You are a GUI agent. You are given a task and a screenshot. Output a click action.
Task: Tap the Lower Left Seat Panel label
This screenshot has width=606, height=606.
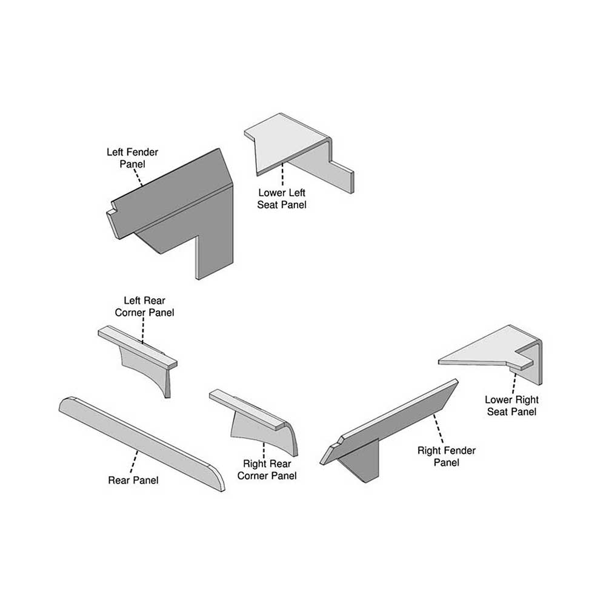(x=282, y=199)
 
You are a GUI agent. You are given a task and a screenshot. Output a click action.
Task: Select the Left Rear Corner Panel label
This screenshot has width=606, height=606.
(x=144, y=307)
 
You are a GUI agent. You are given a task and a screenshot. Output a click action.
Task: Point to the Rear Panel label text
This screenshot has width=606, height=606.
(x=133, y=481)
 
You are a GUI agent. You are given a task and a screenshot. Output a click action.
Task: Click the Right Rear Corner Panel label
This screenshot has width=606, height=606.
(x=267, y=470)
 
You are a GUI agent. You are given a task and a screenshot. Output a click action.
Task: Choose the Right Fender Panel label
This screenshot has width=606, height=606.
(x=447, y=456)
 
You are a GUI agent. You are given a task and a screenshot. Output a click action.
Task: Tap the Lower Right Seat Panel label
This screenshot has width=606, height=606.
(x=511, y=406)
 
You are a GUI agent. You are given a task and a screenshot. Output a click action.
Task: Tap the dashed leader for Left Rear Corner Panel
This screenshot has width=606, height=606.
(x=143, y=330)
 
